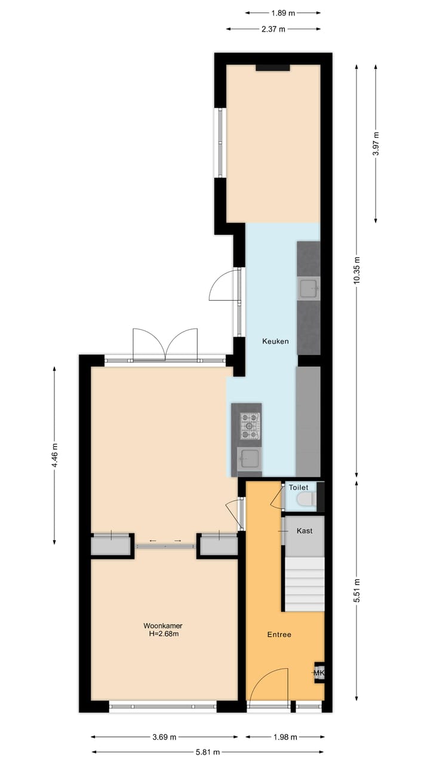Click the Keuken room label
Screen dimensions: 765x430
tap(275, 341)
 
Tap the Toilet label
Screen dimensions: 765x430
tap(299, 488)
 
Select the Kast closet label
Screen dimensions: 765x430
tap(304, 531)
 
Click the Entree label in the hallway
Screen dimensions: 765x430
tap(279, 634)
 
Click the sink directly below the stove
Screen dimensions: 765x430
tap(248, 459)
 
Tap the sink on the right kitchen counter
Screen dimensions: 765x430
tap(309, 289)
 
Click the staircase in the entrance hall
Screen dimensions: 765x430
tap(303, 584)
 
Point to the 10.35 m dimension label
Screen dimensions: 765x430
tap(357, 271)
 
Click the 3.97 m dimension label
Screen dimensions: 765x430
tap(376, 143)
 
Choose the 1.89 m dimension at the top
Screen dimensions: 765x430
tap(282, 12)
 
